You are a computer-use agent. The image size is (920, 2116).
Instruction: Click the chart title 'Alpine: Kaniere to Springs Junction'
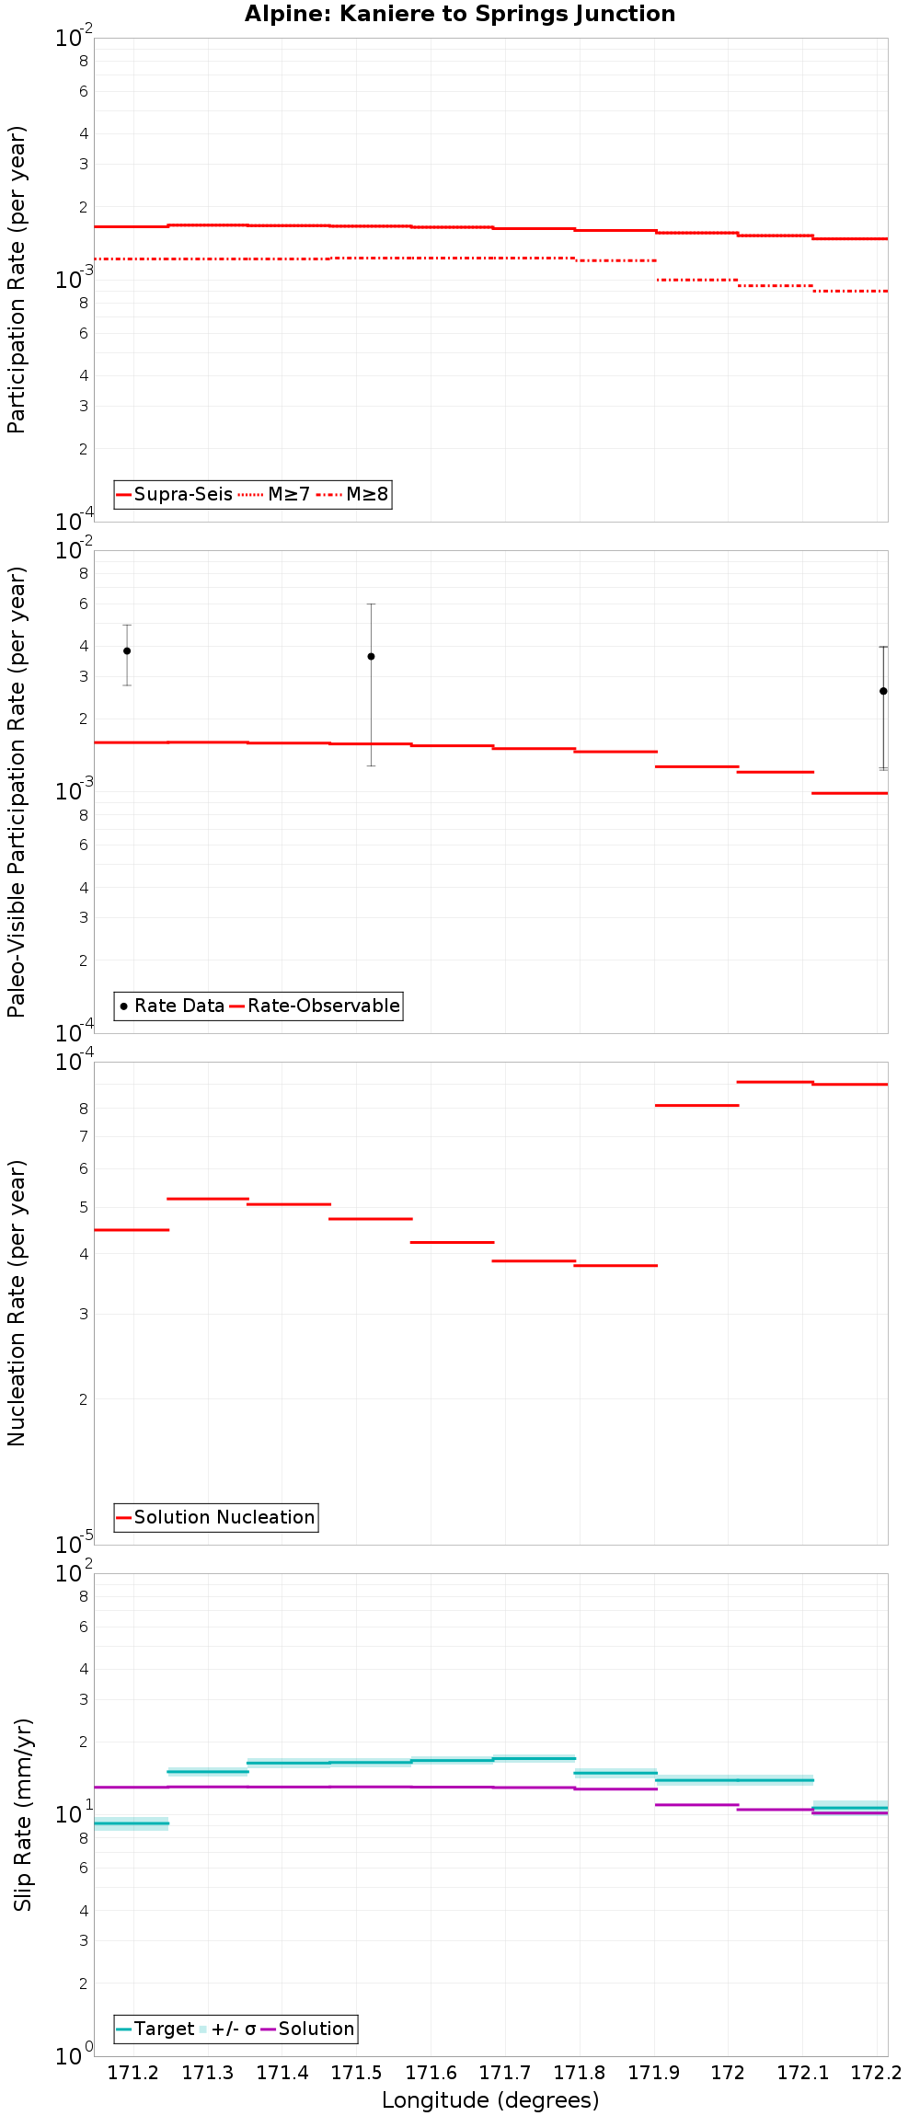point(460,14)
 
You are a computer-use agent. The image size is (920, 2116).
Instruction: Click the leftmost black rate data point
point(127,650)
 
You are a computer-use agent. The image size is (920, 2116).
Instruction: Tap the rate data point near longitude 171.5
point(371,656)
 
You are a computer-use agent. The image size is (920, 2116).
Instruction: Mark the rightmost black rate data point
point(883,691)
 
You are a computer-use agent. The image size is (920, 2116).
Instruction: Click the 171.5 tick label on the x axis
point(356,2073)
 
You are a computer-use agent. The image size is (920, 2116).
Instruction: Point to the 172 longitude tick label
point(728,2073)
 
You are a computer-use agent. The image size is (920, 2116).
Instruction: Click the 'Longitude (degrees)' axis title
point(490,2100)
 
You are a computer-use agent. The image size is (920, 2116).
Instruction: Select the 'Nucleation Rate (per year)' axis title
point(17,1302)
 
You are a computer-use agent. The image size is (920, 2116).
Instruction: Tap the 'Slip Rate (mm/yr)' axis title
point(23,1813)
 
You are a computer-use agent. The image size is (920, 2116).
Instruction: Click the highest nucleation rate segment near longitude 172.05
point(775,1082)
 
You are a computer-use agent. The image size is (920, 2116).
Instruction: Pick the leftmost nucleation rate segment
point(132,1230)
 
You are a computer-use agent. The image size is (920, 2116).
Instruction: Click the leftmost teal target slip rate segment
point(132,1823)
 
